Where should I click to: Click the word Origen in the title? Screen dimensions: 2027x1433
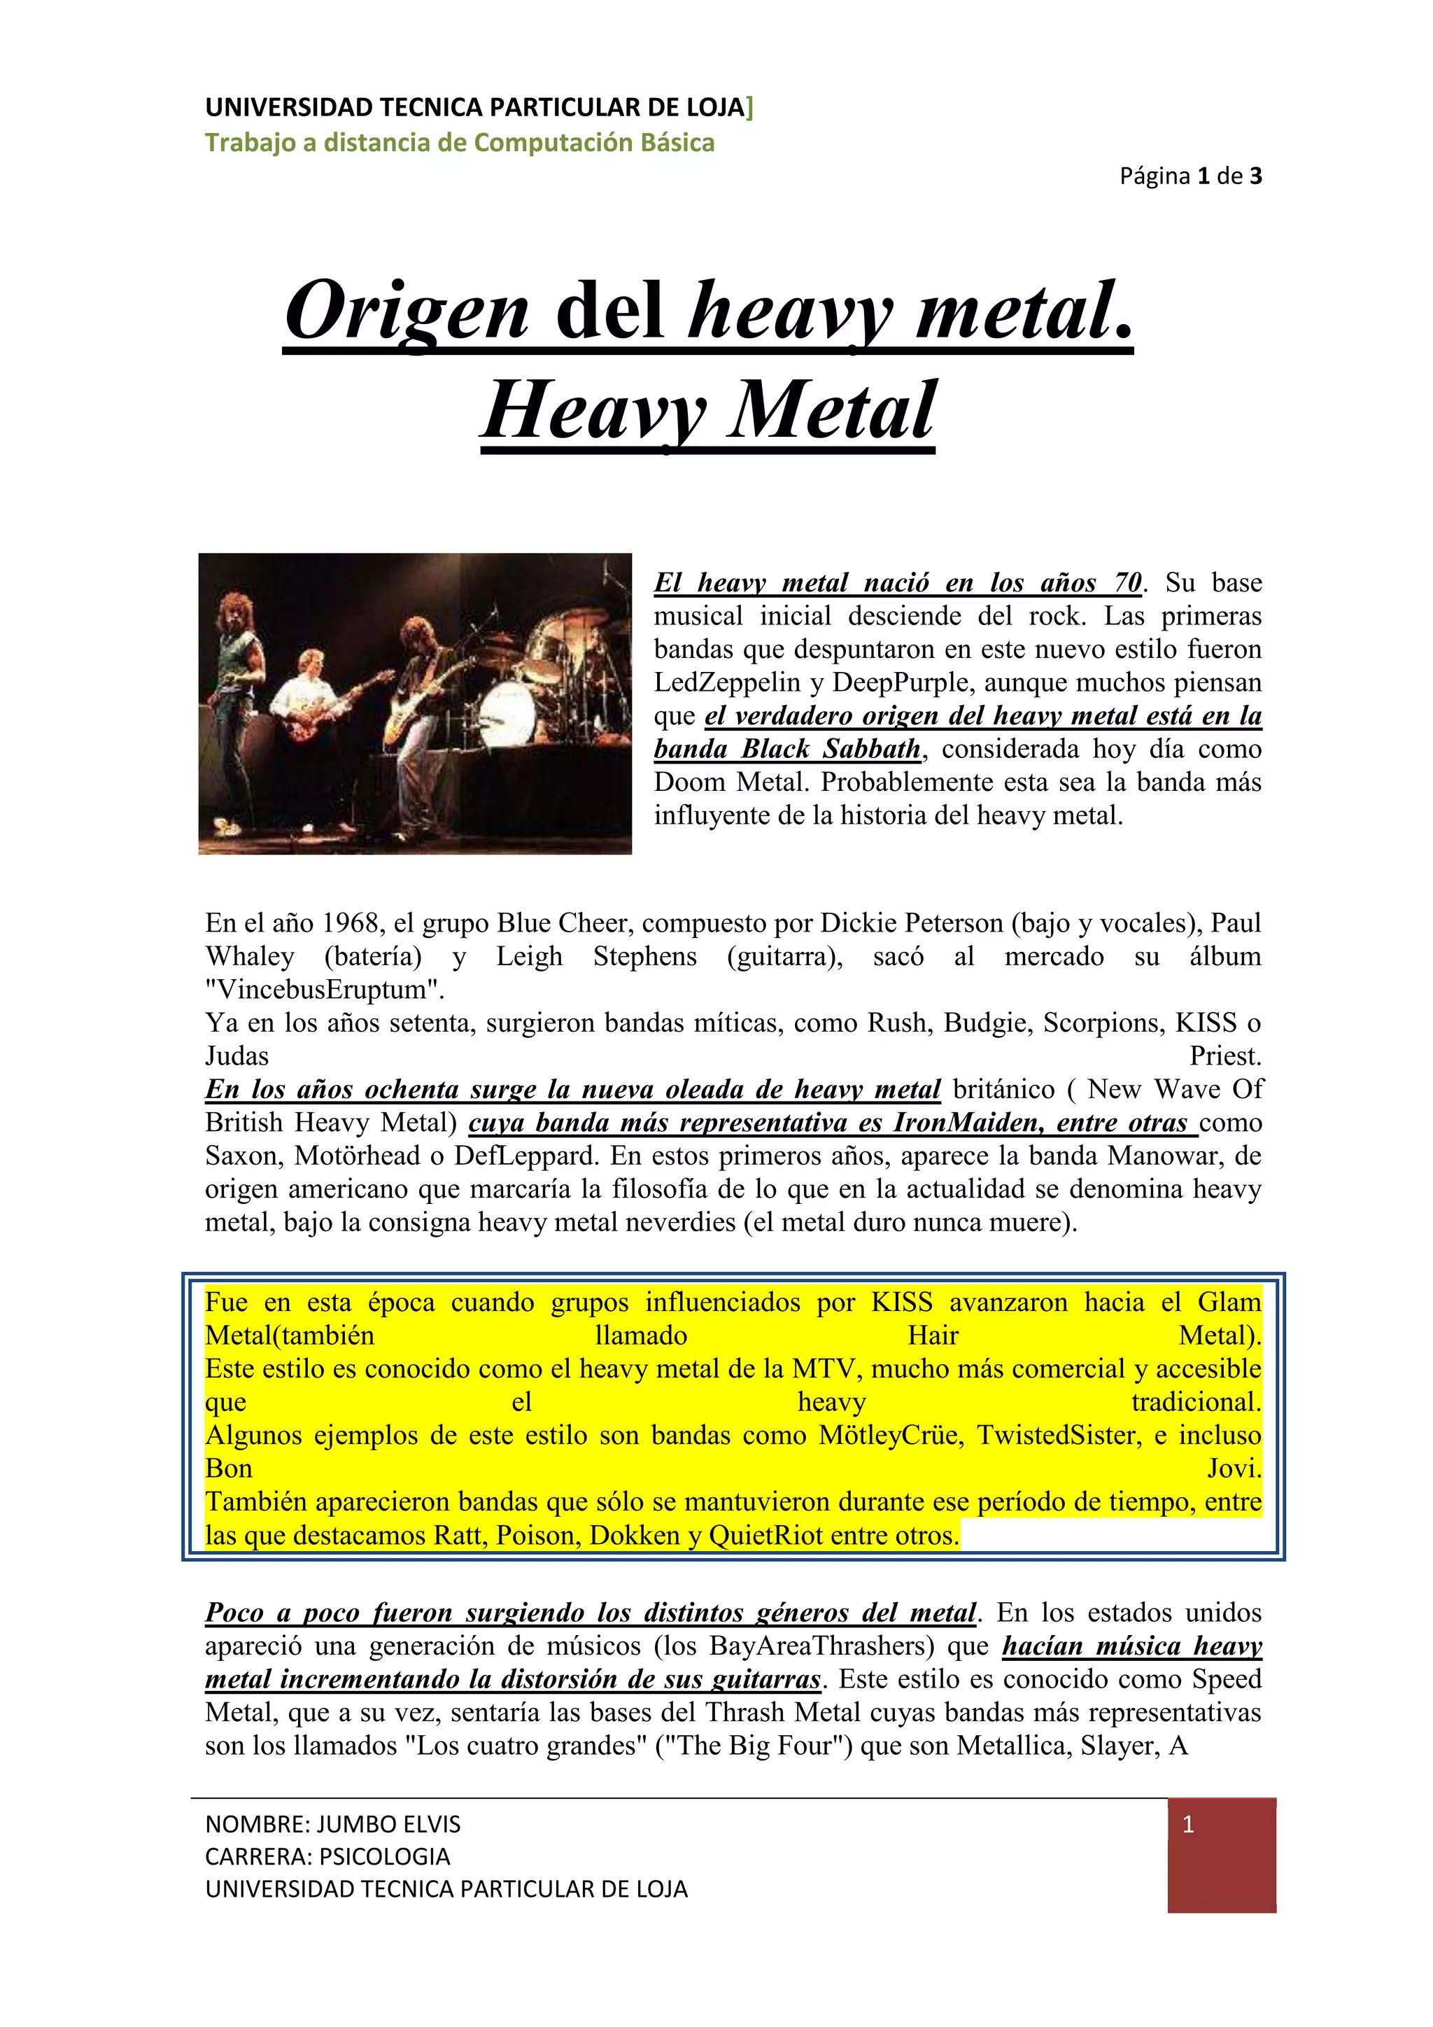pyautogui.click(x=407, y=311)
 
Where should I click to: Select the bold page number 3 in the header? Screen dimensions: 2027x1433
pyautogui.click(x=1256, y=176)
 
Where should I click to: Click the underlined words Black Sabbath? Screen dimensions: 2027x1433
pyautogui.click(x=831, y=750)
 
